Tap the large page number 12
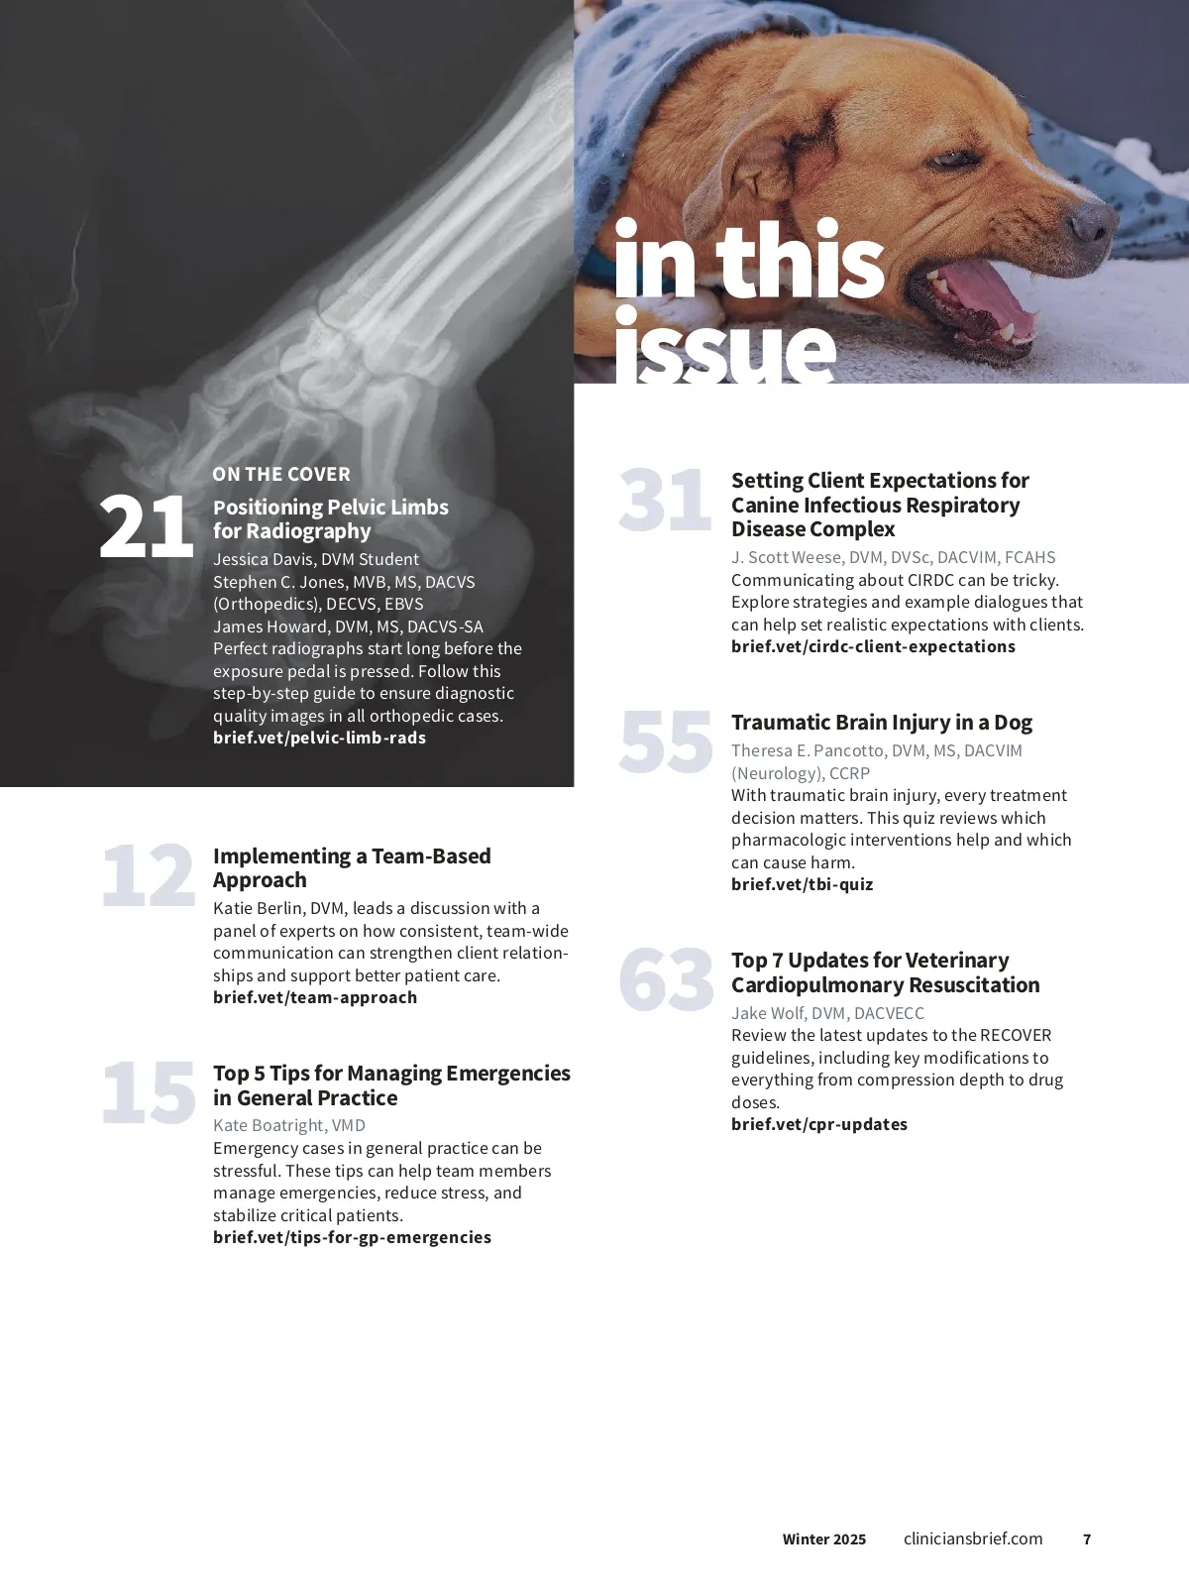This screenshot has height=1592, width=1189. click(149, 875)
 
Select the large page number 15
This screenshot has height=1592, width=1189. click(149, 1092)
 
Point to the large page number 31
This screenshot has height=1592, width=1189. click(665, 499)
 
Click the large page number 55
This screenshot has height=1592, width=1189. click(666, 741)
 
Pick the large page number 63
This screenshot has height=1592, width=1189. click(667, 979)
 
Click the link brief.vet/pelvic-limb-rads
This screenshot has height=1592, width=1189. click(319, 738)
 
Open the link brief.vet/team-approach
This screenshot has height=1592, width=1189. click(315, 997)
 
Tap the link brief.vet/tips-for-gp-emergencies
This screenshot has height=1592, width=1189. click(352, 1236)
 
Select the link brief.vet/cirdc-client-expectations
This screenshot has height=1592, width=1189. click(873, 646)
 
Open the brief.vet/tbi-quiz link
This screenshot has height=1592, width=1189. click(802, 884)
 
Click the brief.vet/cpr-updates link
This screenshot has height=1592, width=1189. click(819, 1124)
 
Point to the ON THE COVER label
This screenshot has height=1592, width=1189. click(281, 475)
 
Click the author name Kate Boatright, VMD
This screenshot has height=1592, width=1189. click(289, 1125)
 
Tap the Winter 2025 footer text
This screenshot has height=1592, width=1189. click(823, 1539)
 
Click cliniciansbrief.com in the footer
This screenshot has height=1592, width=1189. click(973, 1538)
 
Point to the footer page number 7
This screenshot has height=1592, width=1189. click(1087, 1539)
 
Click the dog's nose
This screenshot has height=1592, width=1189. click(1093, 220)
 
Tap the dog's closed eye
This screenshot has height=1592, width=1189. click(952, 159)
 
